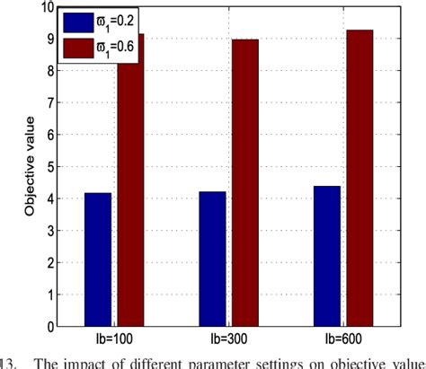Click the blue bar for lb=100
click(98, 259)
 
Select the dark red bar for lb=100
click(130, 180)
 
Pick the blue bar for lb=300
click(212, 259)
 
